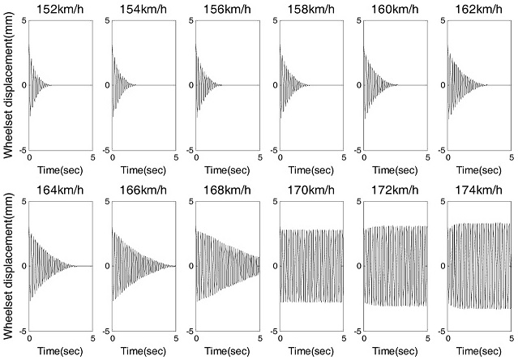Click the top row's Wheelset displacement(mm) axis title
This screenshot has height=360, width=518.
tap(8, 86)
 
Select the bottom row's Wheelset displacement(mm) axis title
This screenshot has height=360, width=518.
tap(8, 267)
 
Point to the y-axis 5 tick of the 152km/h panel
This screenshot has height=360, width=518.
tap(24, 19)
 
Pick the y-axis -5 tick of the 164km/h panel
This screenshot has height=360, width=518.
tap(21, 331)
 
